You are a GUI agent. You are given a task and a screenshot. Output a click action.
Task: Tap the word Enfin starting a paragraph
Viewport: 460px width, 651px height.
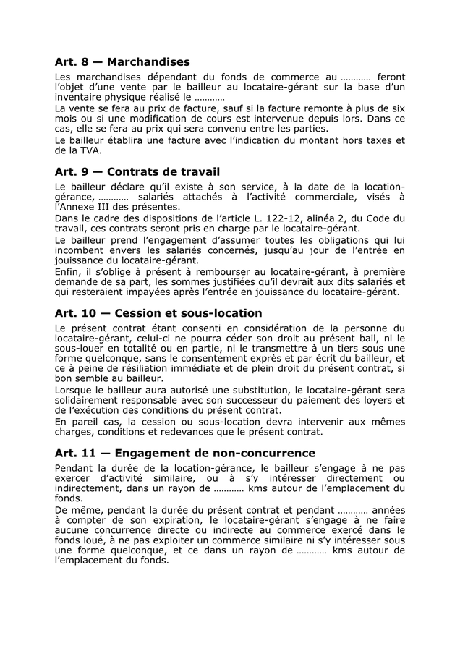68,271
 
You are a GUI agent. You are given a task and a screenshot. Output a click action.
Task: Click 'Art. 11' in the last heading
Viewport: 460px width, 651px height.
77,454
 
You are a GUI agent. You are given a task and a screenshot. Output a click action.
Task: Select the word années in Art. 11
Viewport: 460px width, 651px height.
388,510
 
